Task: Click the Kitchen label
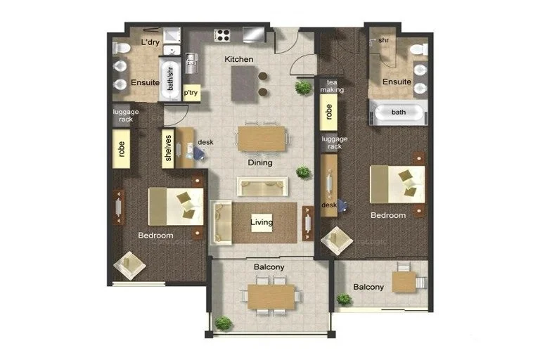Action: click(x=238, y=60)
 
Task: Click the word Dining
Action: click(x=259, y=162)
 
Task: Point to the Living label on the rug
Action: click(x=262, y=223)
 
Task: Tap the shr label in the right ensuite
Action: click(x=383, y=41)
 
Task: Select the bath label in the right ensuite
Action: click(x=399, y=112)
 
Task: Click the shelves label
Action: click(x=168, y=148)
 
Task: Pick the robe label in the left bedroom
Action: click(x=121, y=149)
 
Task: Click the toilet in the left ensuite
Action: click(x=119, y=47)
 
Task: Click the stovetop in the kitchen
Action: click(x=223, y=34)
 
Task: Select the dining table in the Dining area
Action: click(x=262, y=138)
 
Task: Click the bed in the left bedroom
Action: click(x=176, y=205)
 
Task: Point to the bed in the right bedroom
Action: click(x=398, y=184)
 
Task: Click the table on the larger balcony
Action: click(x=271, y=296)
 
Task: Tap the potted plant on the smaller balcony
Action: click(x=344, y=299)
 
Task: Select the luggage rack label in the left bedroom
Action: click(x=125, y=115)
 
